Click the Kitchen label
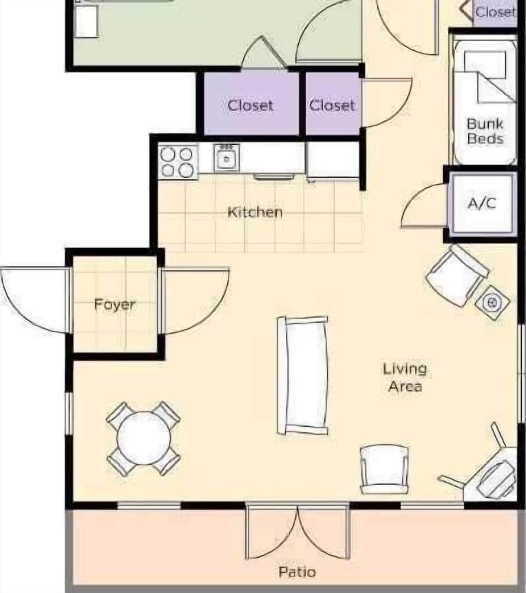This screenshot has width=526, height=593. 255,212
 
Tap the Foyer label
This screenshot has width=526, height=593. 115,304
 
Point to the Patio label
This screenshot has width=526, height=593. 297,572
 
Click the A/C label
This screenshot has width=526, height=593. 482,203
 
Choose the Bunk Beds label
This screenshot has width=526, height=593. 485,131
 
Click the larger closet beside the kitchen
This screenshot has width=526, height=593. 250,105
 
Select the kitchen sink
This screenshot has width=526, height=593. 226,159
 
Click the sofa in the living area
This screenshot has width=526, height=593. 303,375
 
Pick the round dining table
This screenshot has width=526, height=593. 144,438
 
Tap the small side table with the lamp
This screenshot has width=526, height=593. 492,302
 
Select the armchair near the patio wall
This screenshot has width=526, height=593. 384,468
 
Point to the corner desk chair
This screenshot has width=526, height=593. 496,476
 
